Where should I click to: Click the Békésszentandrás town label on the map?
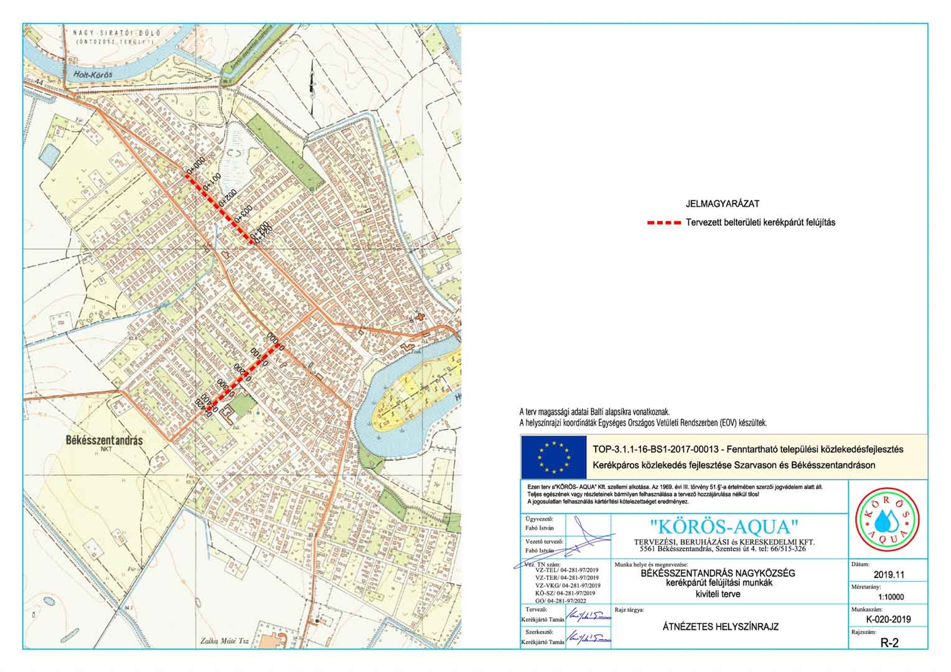104,440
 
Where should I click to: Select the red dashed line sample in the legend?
663,223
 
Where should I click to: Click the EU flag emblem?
553,457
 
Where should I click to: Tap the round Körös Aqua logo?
888,519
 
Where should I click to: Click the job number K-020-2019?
888,619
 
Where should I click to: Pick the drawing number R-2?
889,643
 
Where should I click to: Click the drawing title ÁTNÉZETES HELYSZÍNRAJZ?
721,627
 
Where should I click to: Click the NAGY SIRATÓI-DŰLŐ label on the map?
113,34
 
